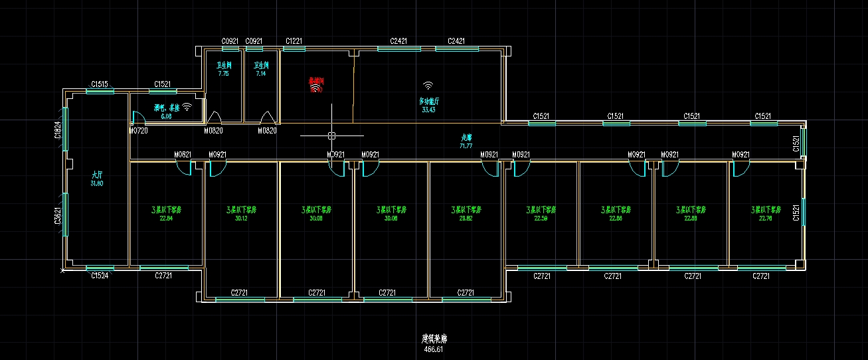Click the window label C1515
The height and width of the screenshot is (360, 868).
click(x=100, y=84)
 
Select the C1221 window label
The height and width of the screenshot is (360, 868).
click(x=294, y=41)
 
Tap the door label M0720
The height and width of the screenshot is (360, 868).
click(x=137, y=131)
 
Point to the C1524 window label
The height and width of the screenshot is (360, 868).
click(x=100, y=275)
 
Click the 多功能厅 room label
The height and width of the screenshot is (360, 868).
click(x=428, y=101)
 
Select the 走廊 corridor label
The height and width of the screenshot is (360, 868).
click(x=466, y=137)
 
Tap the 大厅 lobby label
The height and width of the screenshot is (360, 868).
click(x=97, y=175)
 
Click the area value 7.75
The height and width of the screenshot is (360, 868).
click(x=223, y=74)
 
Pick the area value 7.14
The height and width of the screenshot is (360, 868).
click(x=261, y=74)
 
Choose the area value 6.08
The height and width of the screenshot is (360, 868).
click(x=166, y=116)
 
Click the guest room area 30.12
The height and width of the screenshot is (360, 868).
click(x=241, y=217)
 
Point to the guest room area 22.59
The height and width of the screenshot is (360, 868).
click(x=541, y=217)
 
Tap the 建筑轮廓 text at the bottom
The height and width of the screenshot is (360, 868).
click(x=434, y=339)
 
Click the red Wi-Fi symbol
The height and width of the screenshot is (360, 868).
click(x=315, y=88)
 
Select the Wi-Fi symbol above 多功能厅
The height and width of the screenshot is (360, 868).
click(x=428, y=86)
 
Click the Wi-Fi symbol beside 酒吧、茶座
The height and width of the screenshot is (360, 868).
click(x=187, y=106)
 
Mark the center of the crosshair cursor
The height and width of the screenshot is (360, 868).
click(x=331, y=135)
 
